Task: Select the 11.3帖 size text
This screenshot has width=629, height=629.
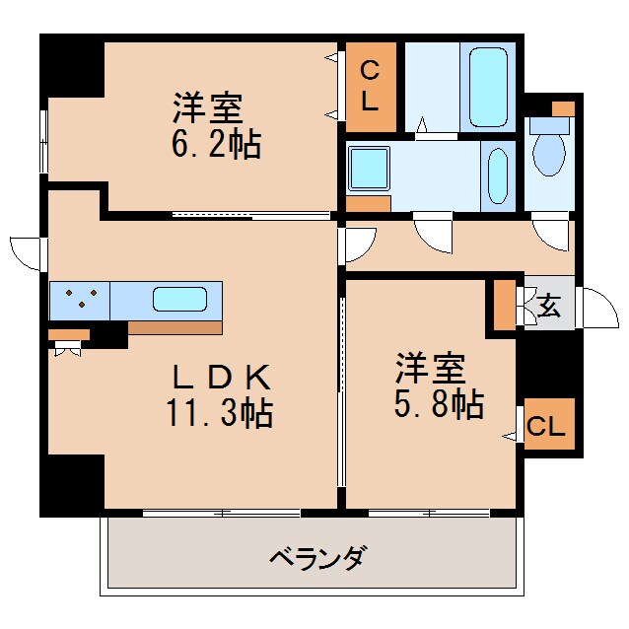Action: point(220,413)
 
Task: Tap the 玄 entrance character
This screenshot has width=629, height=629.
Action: point(549,307)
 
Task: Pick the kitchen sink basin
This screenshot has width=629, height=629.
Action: point(179,299)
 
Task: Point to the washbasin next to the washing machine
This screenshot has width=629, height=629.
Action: point(498,174)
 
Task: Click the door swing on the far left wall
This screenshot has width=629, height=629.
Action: point(27,252)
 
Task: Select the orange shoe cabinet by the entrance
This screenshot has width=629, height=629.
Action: point(504,306)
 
